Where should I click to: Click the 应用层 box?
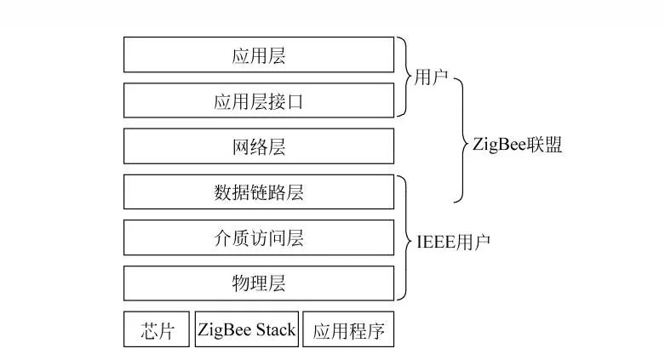(x=259, y=54)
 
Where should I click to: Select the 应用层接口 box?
(x=259, y=100)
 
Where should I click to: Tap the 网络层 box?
(x=259, y=146)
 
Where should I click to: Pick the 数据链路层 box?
(x=259, y=191)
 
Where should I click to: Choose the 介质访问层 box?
(x=259, y=237)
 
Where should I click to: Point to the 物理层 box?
(x=259, y=283)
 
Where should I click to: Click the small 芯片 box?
(x=158, y=330)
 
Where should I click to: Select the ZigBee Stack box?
(x=247, y=330)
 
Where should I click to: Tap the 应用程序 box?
(x=349, y=330)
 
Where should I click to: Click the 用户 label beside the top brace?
(x=432, y=77)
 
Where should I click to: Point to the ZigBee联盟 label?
(x=517, y=144)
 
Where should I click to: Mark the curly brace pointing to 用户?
(x=405, y=77)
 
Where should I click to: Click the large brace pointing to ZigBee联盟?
(x=460, y=141)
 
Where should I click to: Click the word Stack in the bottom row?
(x=273, y=330)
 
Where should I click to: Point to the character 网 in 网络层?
(x=240, y=146)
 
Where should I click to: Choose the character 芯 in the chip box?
(x=149, y=330)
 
